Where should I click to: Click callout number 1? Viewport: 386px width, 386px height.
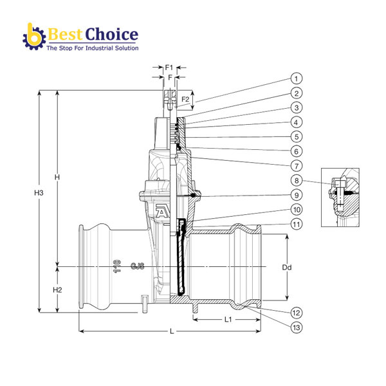pyautogui.click(x=296, y=78)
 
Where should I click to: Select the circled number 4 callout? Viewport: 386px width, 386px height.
pyautogui.click(x=296, y=122)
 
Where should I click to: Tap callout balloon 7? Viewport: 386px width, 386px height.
pyautogui.click(x=296, y=166)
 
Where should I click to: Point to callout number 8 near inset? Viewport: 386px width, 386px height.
pyautogui.click(x=296, y=181)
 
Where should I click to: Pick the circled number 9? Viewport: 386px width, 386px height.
pyautogui.click(x=296, y=195)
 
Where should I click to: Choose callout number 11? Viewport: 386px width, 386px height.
pyautogui.click(x=296, y=225)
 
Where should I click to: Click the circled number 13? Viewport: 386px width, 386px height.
pyautogui.click(x=296, y=327)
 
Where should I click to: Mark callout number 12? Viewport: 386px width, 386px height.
pyautogui.click(x=296, y=313)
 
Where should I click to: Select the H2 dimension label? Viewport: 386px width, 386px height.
pyautogui.click(x=57, y=290)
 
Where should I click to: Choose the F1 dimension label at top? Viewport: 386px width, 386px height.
pyautogui.click(x=169, y=66)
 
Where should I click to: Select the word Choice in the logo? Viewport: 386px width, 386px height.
pyautogui.click(x=111, y=33)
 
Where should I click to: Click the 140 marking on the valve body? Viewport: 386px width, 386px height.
pyautogui.click(x=117, y=266)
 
